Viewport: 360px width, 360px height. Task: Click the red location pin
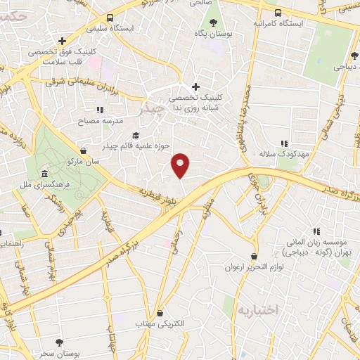pos(181,165)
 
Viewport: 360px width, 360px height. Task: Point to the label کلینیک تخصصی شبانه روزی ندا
pos(195,103)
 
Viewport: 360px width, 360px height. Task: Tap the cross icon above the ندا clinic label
pos(195,86)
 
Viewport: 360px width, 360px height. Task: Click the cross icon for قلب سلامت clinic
pos(63,41)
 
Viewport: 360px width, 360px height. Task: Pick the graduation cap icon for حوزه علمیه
pos(136,136)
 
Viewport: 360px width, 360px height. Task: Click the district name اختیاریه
pos(258,309)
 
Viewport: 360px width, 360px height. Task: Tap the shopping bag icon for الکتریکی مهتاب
pos(160,313)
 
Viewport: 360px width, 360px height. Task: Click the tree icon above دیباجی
pos(351,56)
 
